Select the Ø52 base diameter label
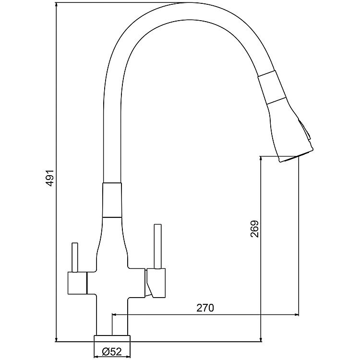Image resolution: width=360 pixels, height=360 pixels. tap(112, 352)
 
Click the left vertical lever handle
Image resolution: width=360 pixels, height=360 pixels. tap(75, 257)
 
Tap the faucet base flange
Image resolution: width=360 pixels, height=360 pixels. tap(112, 337)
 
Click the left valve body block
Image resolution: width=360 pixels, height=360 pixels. tap(76, 282)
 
